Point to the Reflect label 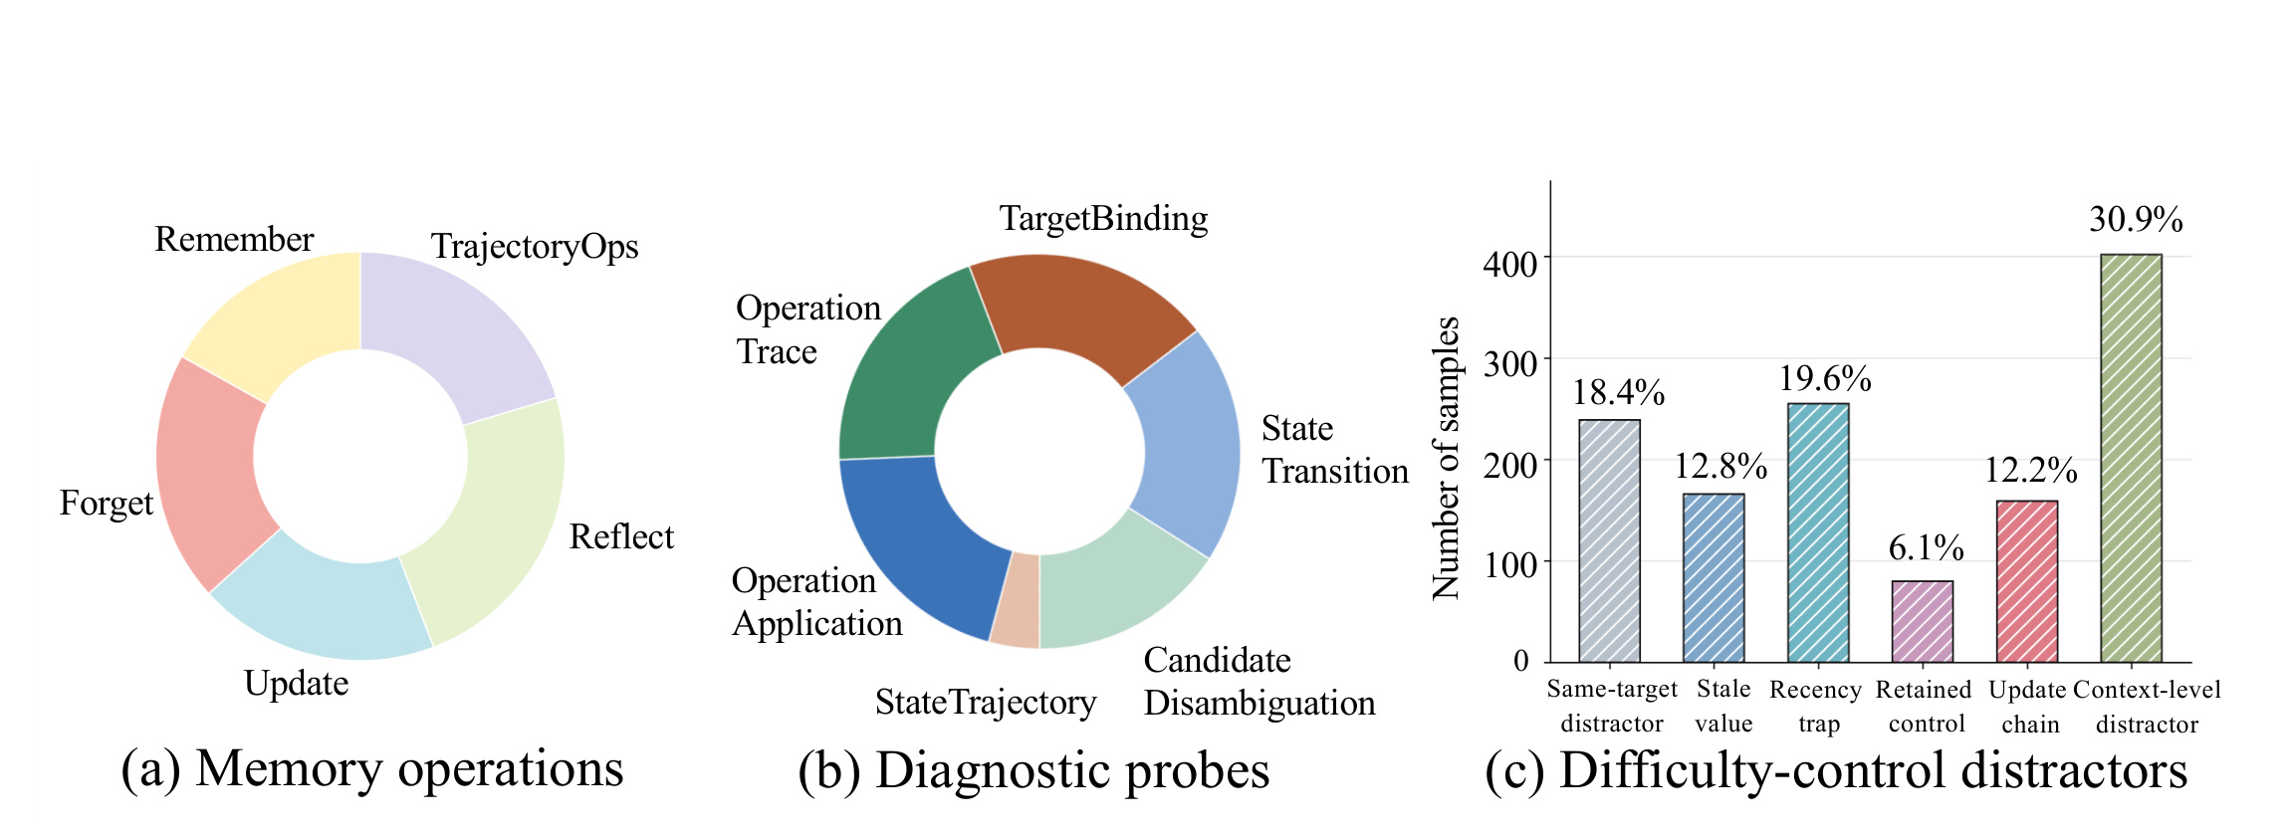coord(621,537)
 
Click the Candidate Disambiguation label coord(1259,682)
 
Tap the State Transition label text coord(1335,450)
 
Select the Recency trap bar coord(1818,532)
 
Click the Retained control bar coord(1923,622)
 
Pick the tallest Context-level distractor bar coord(2132,458)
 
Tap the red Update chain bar coord(2027,581)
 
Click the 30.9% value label coord(2136,220)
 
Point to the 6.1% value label coord(1926,547)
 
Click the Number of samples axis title coord(1446,458)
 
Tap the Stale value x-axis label coord(1723,707)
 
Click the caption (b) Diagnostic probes coord(1033,770)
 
